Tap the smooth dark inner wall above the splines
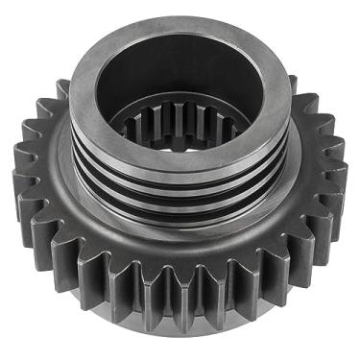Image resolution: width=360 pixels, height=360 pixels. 179,82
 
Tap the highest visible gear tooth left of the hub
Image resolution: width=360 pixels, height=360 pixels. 62,91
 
